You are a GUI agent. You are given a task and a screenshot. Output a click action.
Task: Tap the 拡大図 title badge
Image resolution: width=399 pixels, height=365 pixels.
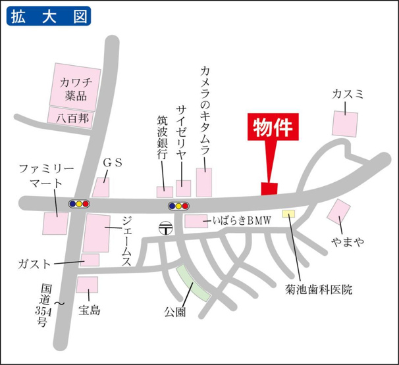pos(49,16)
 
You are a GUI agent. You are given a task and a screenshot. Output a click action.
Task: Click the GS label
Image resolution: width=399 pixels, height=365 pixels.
pos(111,162)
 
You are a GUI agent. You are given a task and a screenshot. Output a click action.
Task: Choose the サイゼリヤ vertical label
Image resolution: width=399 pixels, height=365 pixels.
pos(182,128)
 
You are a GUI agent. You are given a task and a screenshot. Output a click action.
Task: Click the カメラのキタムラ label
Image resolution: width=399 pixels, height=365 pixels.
pos(205,109)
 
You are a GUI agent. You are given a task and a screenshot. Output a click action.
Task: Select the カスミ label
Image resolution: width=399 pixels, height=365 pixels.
pos(348,95)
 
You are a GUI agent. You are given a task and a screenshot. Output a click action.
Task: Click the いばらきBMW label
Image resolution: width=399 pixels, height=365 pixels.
pos(242,222)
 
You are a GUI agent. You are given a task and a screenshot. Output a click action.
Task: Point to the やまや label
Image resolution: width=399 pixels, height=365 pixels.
pos(348,243)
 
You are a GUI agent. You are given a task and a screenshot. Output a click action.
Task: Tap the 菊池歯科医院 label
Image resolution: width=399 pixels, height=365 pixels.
pos(319,289)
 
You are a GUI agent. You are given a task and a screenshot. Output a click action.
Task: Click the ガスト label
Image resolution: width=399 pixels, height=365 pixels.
pos(36,264)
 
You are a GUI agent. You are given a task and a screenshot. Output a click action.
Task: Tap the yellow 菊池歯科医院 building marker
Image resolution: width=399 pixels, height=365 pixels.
pos(288,213)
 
